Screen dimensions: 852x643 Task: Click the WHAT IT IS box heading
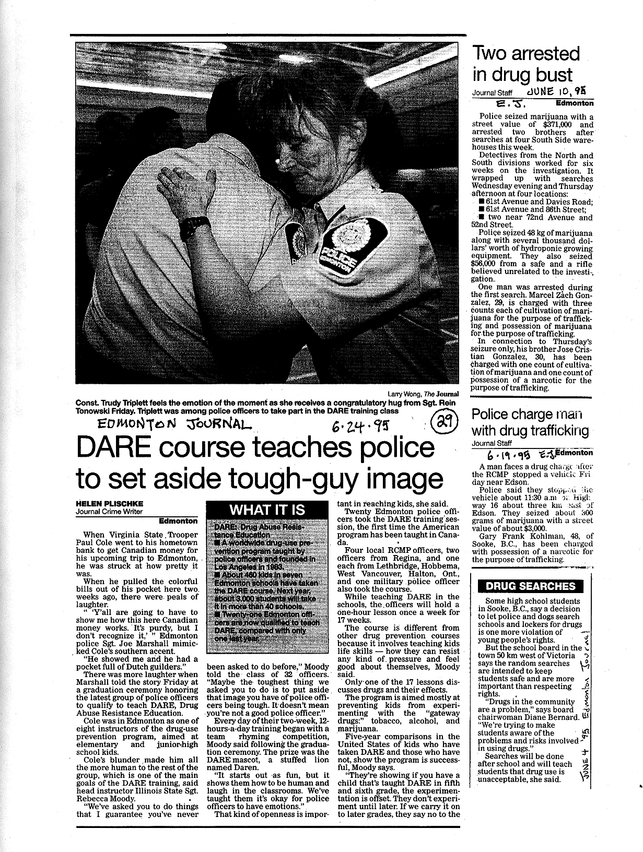pyautogui.click(x=267, y=510)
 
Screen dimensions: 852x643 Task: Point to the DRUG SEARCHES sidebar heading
pyautogui.click(x=531, y=586)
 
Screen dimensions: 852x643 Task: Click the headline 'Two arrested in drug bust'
pyautogui.click(x=525, y=64)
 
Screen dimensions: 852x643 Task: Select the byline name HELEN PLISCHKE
pyautogui.click(x=109, y=503)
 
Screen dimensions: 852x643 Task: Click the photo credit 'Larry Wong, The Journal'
pyautogui.click(x=423, y=394)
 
